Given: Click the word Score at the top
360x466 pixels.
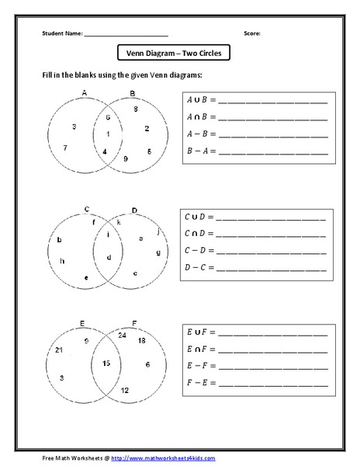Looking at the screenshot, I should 252,33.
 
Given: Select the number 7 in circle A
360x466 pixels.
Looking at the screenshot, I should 65,148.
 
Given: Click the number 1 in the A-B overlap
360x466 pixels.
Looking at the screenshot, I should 108,134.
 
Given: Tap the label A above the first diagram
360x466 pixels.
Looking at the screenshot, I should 84,92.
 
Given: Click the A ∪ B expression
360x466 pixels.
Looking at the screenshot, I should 199,100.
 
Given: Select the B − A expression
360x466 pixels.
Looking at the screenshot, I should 199,149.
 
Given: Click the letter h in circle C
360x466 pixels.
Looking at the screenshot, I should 62,261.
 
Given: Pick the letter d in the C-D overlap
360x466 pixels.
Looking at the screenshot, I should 109,256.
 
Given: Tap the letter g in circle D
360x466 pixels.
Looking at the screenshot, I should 157,252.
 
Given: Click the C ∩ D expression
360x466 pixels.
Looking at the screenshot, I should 198,233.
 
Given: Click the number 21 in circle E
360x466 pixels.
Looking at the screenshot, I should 60,351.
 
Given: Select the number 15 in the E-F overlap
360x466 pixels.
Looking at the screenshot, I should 106,363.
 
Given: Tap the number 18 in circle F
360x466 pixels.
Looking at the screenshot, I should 141,341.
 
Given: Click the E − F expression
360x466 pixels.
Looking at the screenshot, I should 199,364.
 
